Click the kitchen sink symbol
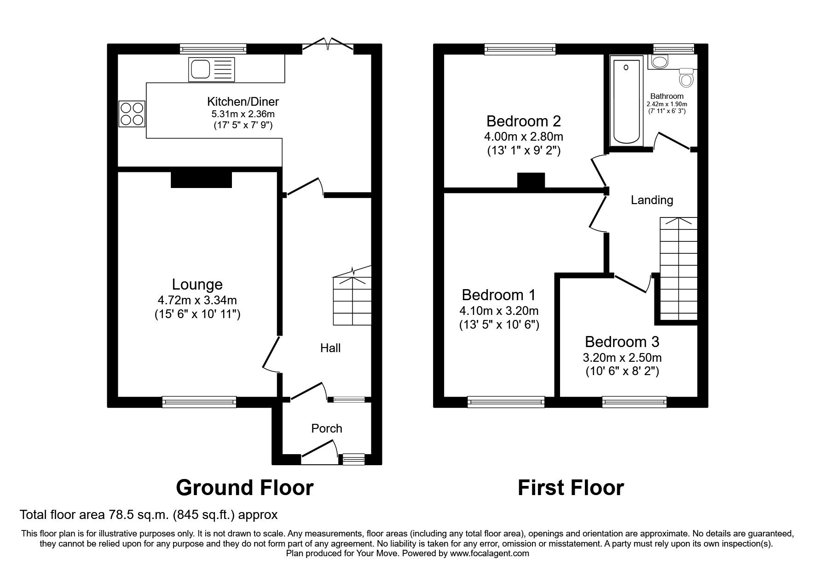pyautogui.click(x=211, y=69)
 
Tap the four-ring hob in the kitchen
pyautogui.click(x=132, y=114)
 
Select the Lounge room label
pyautogui.click(x=197, y=285)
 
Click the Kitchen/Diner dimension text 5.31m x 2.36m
pyautogui.click(x=243, y=114)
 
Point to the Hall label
pyautogui.click(x=330, y=348)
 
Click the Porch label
pyautogui.click(x=327, y=428)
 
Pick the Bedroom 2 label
pyautogui.click(x=523, y=121)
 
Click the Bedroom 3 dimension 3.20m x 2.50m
pyautogui.click(x=622, y=358)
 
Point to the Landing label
pyautogui.click(x=652, y=200)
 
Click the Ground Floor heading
pyautogui.click(x=244, y=488)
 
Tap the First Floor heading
pyautogui.click(x=571, y=488)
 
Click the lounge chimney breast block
pyautogui.click(x=201, y=179)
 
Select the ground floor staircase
pyautogui.click(x=352, y=301)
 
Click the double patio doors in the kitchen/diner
pyautogui.click(x=328, y=46)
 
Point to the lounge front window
pyautogui.click(x=199, y=402)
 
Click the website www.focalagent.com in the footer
pyautogui.click(x=489, y=553)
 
